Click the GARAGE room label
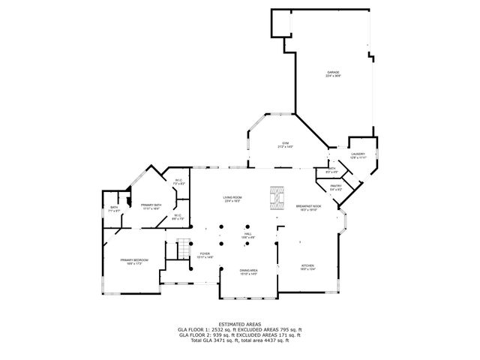point(332,73)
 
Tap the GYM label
point(285,142)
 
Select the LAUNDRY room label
point(357,154)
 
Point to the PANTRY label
point(336,186)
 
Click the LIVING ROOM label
point(232,197)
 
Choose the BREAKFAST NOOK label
point(308,206)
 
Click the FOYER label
point(204,253)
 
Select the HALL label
point(247,234)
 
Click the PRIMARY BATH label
point(151,204)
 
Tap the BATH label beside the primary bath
point(114,208)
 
